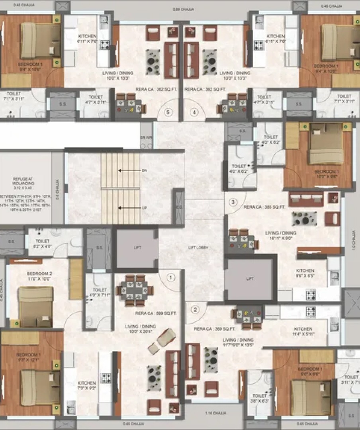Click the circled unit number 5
[x=168, y=112]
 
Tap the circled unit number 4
[x=194, y=112]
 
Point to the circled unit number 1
[x=171, y=276]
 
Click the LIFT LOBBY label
[x=198, y=248]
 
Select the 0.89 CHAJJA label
[x=183, y=10]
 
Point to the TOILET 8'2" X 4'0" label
[x=42, y=244]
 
